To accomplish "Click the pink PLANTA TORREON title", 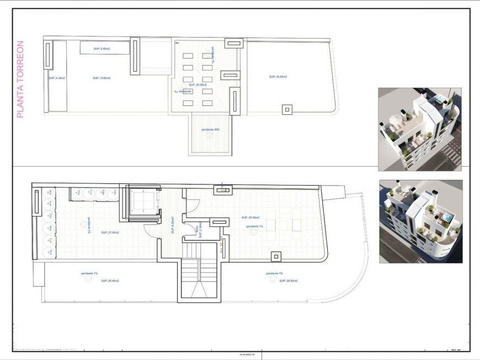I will point(20,79).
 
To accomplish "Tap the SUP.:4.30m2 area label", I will point(56,78).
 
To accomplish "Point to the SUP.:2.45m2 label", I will point(102,49).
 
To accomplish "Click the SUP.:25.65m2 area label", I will point(278,77).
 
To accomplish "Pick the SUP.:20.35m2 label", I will point(198,85).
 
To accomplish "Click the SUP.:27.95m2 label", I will point(110,232).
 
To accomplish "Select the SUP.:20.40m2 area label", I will point(110,280).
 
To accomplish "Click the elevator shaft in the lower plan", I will point(143,202).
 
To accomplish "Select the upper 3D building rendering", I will point(419,129).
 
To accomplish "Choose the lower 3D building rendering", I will point(420,221).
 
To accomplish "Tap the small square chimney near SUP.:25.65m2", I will point(287,109).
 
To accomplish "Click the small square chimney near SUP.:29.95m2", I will point(275,256).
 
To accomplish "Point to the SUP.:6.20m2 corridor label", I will point(173,225).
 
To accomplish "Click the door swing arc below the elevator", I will point(151,229).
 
